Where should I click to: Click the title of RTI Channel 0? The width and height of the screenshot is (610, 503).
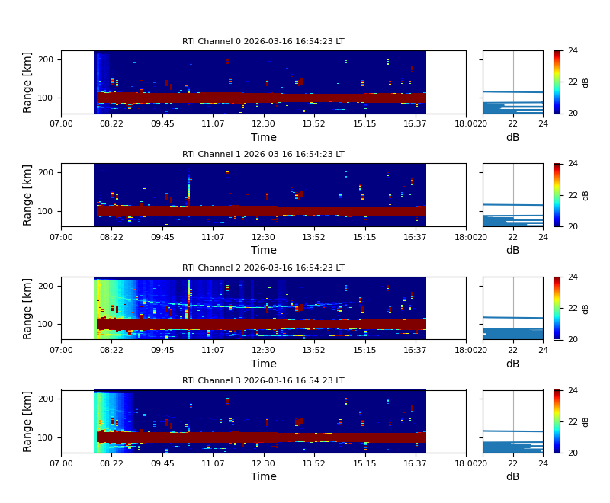tap(263, 42)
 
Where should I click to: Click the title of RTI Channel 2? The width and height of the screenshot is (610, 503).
tap(263, 268)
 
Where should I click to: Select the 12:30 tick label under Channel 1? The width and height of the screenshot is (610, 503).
tap(263, 236)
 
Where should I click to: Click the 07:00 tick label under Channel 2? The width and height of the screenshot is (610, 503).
tap(61, 349)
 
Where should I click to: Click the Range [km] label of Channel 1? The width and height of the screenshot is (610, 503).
tap(28, 195)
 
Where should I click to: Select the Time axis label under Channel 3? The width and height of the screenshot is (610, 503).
tap(263, 476)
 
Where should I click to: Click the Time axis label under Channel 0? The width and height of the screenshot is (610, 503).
tap(263, 137)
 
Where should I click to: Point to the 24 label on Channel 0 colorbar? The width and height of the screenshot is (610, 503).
tap(573, 51)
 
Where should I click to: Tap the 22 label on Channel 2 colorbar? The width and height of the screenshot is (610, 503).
tap(573, 308)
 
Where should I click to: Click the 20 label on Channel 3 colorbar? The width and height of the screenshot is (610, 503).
tap(573, 453)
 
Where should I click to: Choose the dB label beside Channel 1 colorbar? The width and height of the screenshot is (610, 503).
tap(586, 195)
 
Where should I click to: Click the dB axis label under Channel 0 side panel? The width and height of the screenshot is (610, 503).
tap(512, 137)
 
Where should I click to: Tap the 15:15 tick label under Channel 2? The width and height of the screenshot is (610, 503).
tap(364, 349)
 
